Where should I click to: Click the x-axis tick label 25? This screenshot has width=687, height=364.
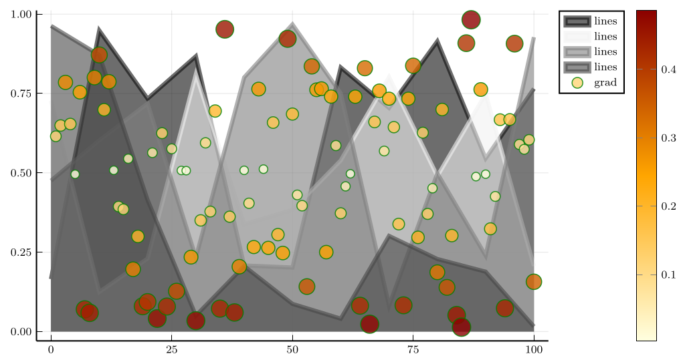pos(171,349)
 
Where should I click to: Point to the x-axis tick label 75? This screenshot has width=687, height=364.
pos(413,349)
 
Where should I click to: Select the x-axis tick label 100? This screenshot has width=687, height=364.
pos(534,349)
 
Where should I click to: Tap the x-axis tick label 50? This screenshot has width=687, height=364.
pos(292,349)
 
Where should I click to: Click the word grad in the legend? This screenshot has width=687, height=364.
pos(605,83)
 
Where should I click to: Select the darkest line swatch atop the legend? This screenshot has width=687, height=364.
pos(577,21)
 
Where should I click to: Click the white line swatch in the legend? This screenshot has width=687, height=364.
pos(577,36)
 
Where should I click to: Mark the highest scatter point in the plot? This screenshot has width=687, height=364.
pos(471,20)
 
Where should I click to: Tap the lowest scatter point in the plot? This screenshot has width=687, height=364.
pos(462,327)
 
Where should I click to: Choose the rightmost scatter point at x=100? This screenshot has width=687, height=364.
pos(534,282)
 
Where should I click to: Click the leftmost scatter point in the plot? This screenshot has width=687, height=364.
pos(56,136)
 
